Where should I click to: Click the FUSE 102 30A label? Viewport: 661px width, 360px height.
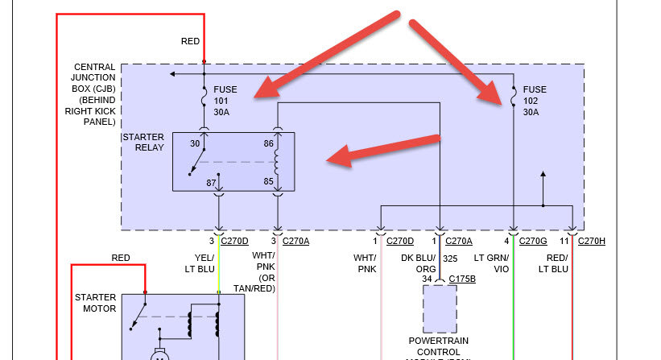[535, 101]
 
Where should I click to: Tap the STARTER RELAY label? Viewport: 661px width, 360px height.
[143, 143]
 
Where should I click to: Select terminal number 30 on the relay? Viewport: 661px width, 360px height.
[194, 143]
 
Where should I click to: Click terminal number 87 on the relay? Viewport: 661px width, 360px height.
[212, 183]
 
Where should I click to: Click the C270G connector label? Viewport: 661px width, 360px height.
[534, 240]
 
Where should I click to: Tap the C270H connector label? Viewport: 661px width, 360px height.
[591, 240]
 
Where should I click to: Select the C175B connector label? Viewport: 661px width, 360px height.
[462, 279]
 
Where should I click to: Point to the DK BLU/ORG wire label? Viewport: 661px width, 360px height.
[421, 263]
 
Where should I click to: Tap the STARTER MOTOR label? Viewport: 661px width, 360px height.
[95, 303]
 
